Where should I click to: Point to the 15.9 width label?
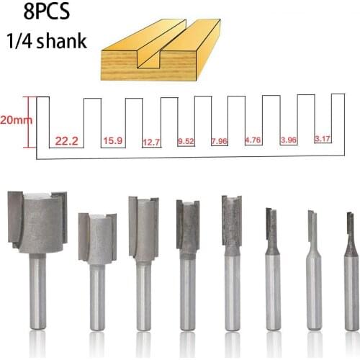(x=112, y=140)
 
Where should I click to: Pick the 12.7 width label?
(x=151, y=141)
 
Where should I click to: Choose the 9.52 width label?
(x=186, y=141)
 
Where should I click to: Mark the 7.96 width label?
(x=220, y=141)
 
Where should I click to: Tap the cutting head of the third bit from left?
(x=143, y=228)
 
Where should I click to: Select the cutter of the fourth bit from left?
(x=188, y=227)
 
